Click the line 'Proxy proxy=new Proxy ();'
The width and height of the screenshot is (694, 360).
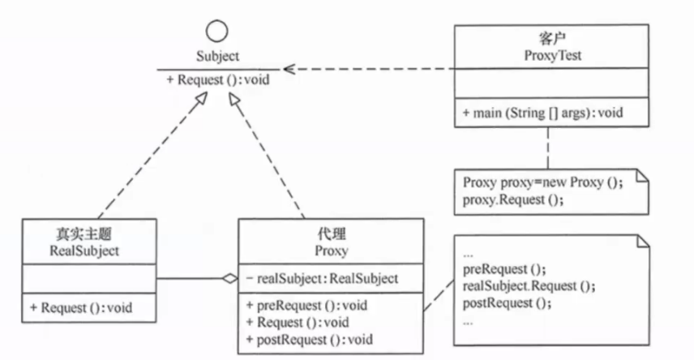[x=542, y=182]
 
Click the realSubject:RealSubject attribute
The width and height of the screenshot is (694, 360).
[x=326, y=279]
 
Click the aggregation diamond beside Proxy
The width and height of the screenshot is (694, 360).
[x=230, y=279]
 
